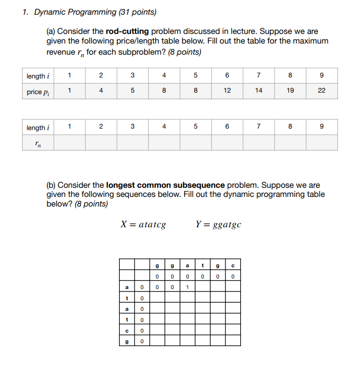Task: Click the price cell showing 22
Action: tap(322, 92)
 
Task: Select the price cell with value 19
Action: tap(290, 92)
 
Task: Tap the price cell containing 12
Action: tap(227, 92)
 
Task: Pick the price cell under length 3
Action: tap(132, 92)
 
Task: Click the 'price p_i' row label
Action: tap(38, 92)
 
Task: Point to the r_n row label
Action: tap(38, 143)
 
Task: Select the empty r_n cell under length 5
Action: tap(195, 143)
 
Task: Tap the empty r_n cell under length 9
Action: tap(322, 143)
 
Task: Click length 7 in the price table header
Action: tap(258, 76)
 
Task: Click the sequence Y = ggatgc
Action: tap(218, 224)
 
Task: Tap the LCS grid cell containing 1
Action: tap(187, 287)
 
